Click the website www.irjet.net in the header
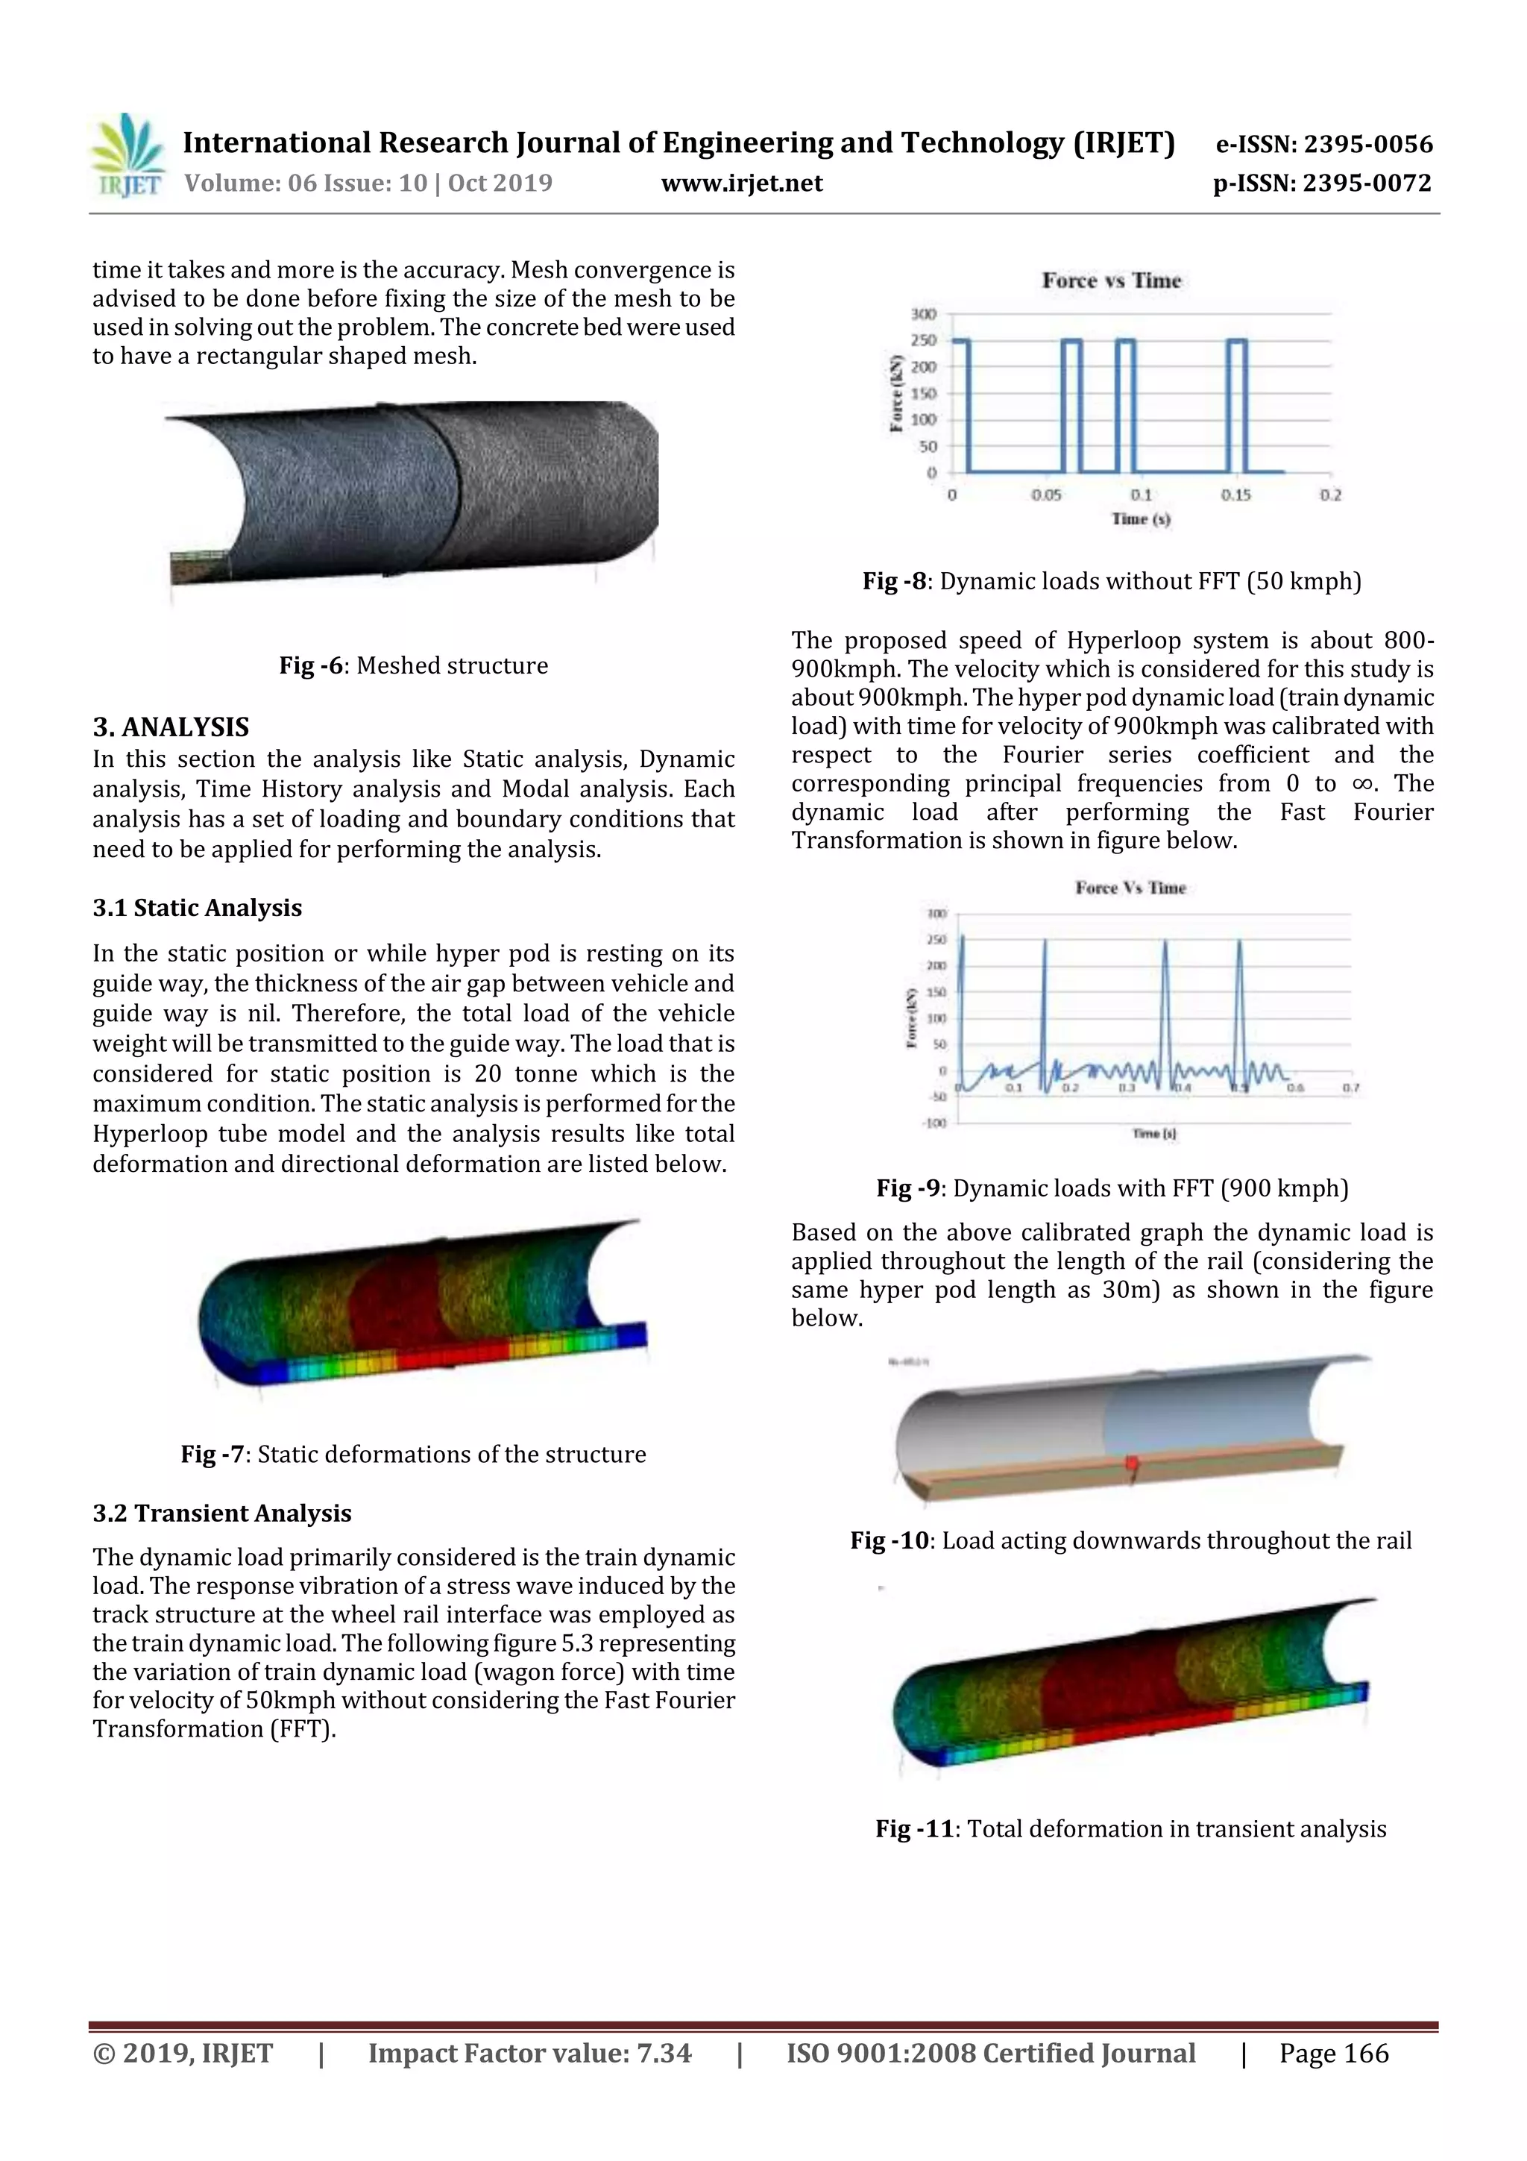(x=741, y=183)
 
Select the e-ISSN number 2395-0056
(x=1367, y=144)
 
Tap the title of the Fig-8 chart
(x=1110, y=280)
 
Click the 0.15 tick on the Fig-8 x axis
(x=1235, y=495)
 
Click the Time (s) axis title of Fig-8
(x=1140, y=518)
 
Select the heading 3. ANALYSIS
(x=170, y=727)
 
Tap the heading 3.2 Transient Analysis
(x=222, y=1513)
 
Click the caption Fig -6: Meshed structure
(x=413, y=665)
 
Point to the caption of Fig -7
(x=413, y=1454)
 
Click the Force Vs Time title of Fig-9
(x=1130, y=888)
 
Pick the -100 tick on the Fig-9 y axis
(x=933, y=1123)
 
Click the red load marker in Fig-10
(x=1132, y=1463)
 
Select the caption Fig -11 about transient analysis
(x=1130, y=1829)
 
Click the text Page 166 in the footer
(x=1333, y=2053)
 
